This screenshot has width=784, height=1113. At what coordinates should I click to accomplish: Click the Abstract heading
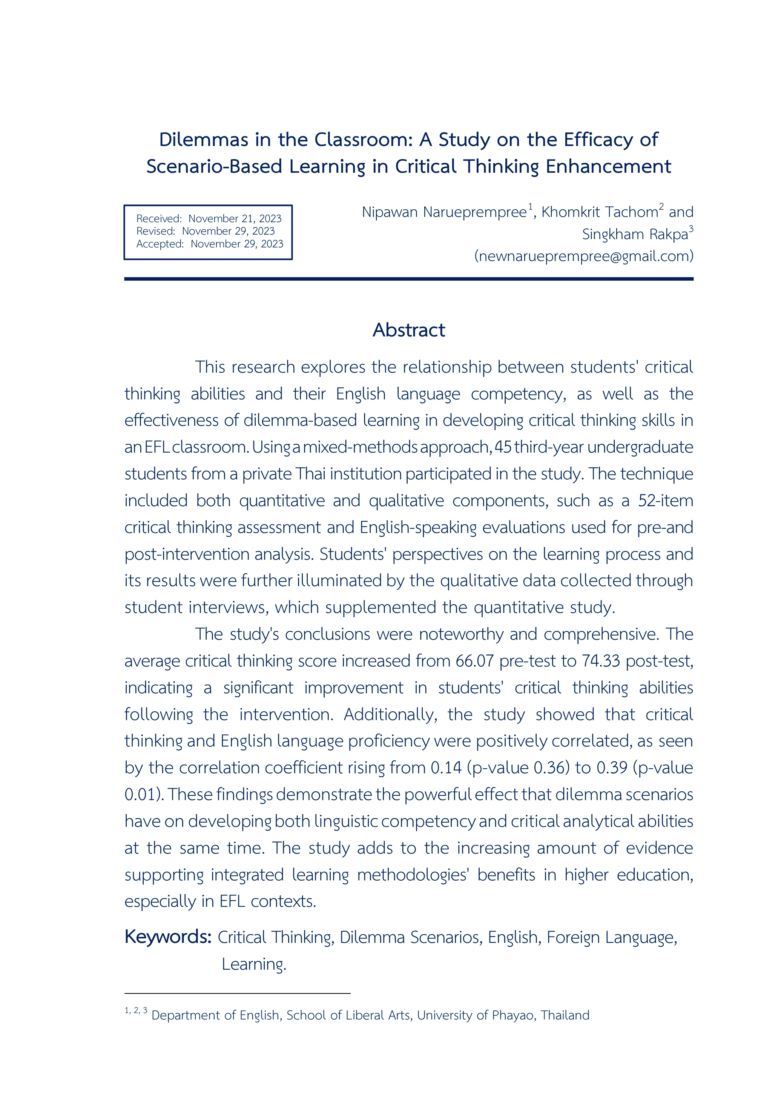tap(408, 330)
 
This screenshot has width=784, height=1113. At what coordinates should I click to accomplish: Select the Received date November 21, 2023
tap(235, 219)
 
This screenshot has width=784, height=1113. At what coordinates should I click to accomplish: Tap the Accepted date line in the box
tap(209, 244)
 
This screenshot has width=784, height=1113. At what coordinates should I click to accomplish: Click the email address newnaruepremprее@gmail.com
tap(583, 256)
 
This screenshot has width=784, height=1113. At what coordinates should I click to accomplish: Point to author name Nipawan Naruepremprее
tap(444, 212)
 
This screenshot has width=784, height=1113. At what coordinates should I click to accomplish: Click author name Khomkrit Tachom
tap(599, 212)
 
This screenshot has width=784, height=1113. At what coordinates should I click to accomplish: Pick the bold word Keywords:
tap(168, 936)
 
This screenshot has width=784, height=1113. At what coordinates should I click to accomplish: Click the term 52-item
tap(665, 500)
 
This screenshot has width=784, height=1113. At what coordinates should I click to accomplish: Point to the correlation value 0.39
tap(612, 768)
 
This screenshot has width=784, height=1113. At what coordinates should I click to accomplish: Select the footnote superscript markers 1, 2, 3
tap(136, 1011)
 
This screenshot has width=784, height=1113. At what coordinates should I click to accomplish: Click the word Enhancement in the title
tap(608, 166)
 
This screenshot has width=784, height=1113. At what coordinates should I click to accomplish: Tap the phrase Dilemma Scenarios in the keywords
tap(410, 938)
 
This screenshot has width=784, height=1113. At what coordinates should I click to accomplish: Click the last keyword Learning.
tap(253, 964)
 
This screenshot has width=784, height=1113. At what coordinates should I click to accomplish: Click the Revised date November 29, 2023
tap(228, 231)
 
